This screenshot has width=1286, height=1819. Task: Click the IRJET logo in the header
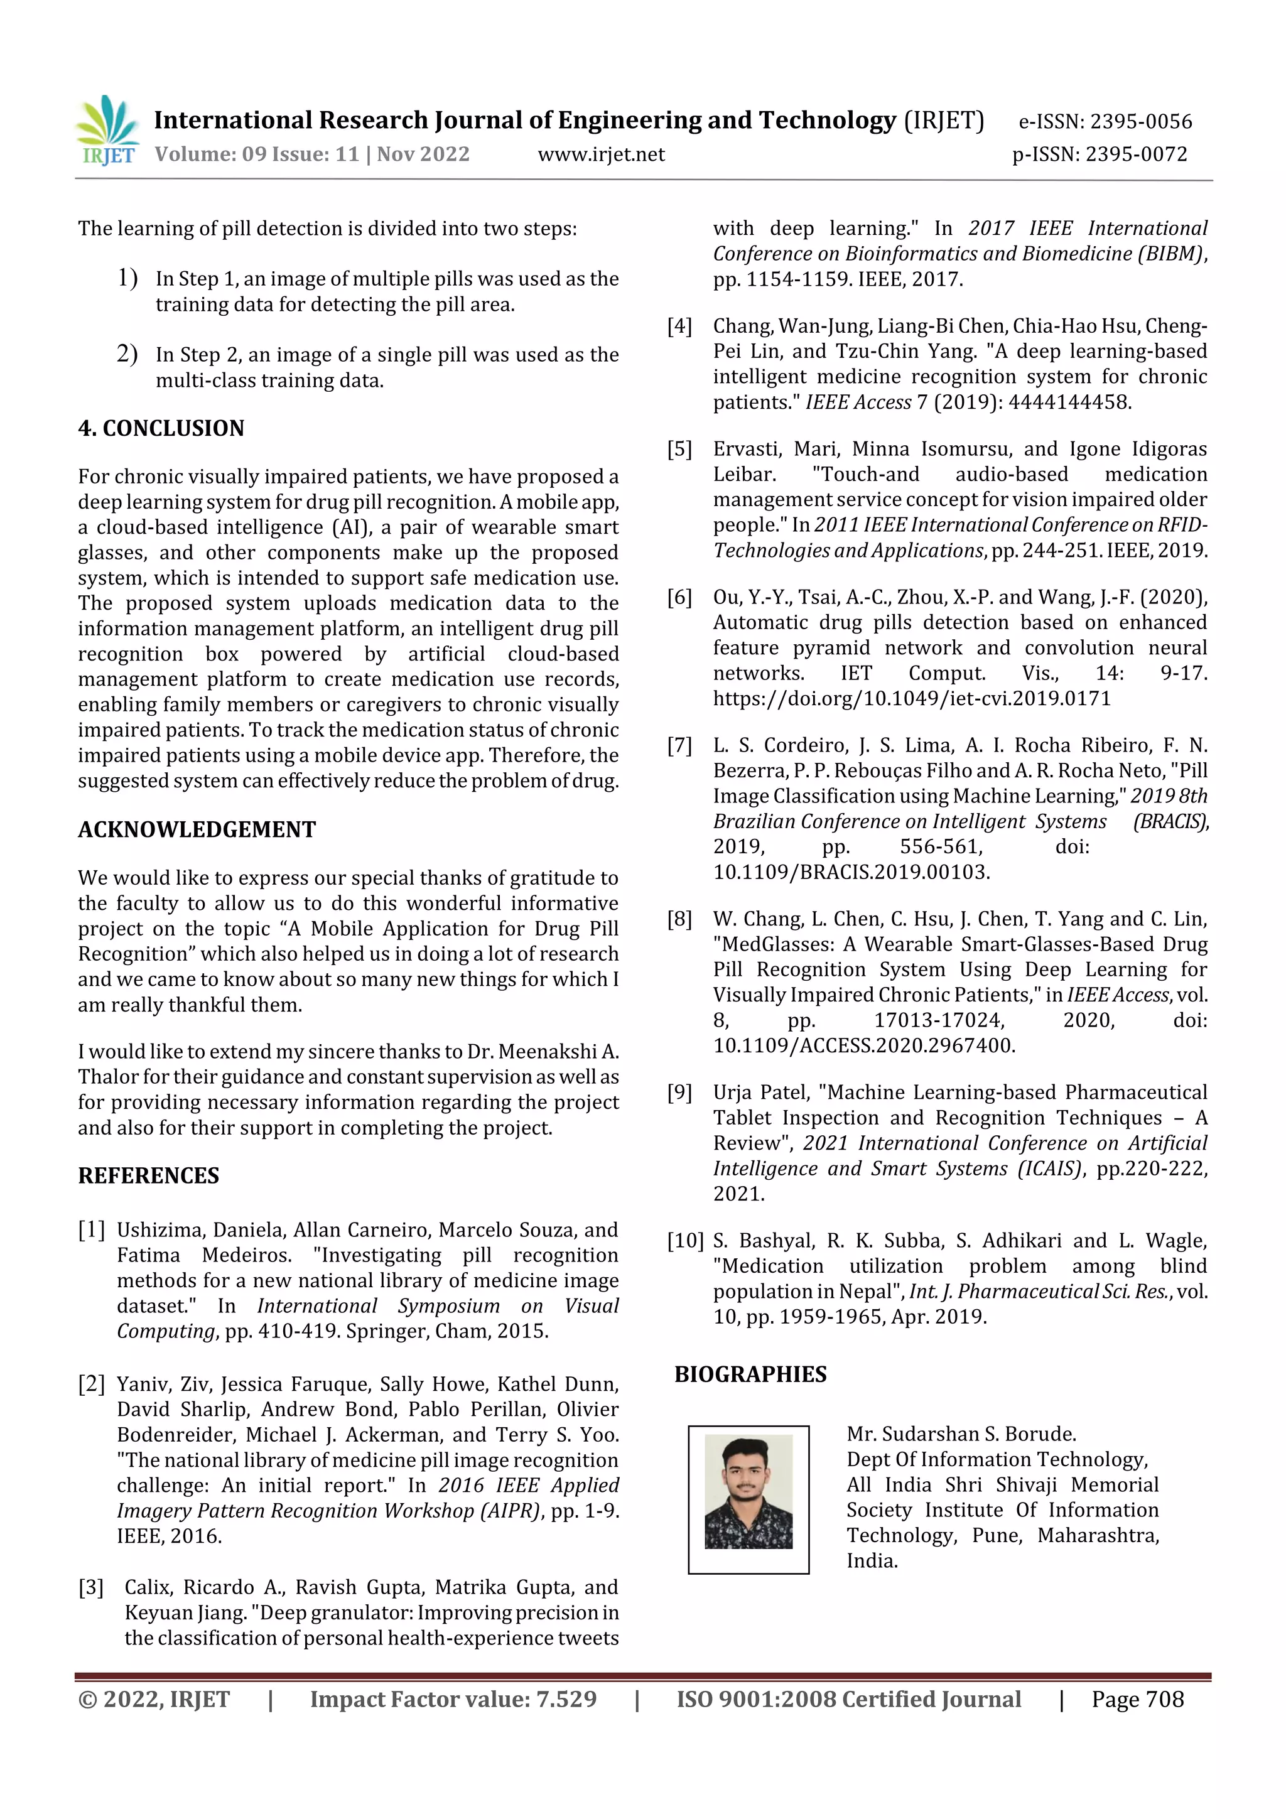pyautogui.click(x=107, y=131)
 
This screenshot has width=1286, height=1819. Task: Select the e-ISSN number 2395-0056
pyautogui.click(x=1140, y=121)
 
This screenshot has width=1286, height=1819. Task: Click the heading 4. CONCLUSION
pyautogui.click(x=161, y=429)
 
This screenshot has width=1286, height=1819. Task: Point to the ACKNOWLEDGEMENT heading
pyautogui.click(x=197, y=829)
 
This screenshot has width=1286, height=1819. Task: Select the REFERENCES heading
pyautogui.click(x=148, y=1175)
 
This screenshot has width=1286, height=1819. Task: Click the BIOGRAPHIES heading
pyautogui.click(x=750, y=1374)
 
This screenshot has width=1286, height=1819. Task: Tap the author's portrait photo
pyautogui.click(x=748, y=1492)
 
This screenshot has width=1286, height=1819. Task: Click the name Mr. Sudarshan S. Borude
pyautogui.click(x=960, y=1434)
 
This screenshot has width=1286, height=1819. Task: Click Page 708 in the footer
pyautogui.click(x=1137, y=1699)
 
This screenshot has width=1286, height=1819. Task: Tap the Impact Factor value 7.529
pyautogui.click(x=566, y=1699)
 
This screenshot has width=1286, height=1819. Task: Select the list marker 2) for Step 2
pyautogui.click(x=127, y=354)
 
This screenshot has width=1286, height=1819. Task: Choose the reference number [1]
pyautogui.click(x=91, y=1231)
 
